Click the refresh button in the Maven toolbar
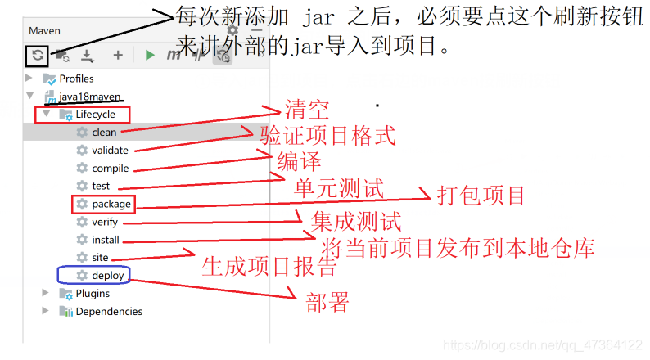point(38,55)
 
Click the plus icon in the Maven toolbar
point(118,55)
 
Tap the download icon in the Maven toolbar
point(88,56)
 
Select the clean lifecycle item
point(104,132)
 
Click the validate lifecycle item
point(110,150)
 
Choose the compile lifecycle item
point(110,168)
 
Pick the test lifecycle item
point(101,186)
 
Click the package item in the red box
point(111,204)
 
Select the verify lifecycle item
point(105,222)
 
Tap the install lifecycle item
point(106,240)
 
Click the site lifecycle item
point(100,258)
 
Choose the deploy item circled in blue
point(107,276)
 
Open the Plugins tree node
point(93,294)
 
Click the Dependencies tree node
point(108,312)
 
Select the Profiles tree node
point(76,79)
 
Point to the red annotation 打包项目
point(481,196)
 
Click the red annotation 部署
point(327,304)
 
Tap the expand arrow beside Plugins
point(47,293)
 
